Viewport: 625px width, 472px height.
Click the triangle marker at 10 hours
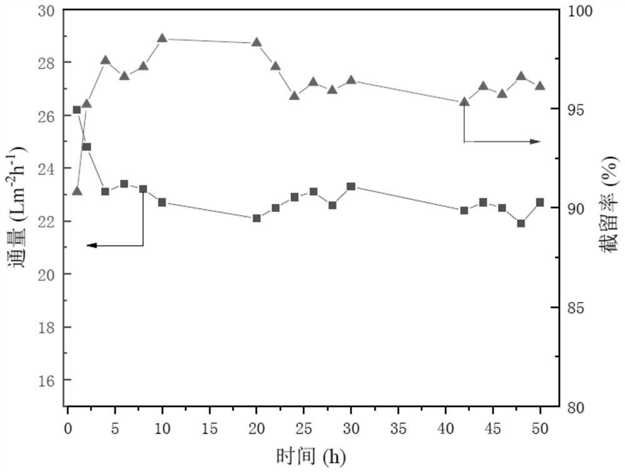pos(162,38)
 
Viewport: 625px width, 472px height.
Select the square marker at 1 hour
pos(77,110)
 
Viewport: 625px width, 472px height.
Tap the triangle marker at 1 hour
pos(77,190)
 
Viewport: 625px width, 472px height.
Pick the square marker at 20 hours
pos(256,218)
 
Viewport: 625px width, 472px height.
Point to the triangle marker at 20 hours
pos(256,43)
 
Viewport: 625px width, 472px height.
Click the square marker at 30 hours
pos(351,186)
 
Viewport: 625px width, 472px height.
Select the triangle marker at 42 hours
pos(464,101)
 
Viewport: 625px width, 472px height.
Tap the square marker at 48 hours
pos(521,223)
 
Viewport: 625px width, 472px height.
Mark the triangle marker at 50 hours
pos(540,86)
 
